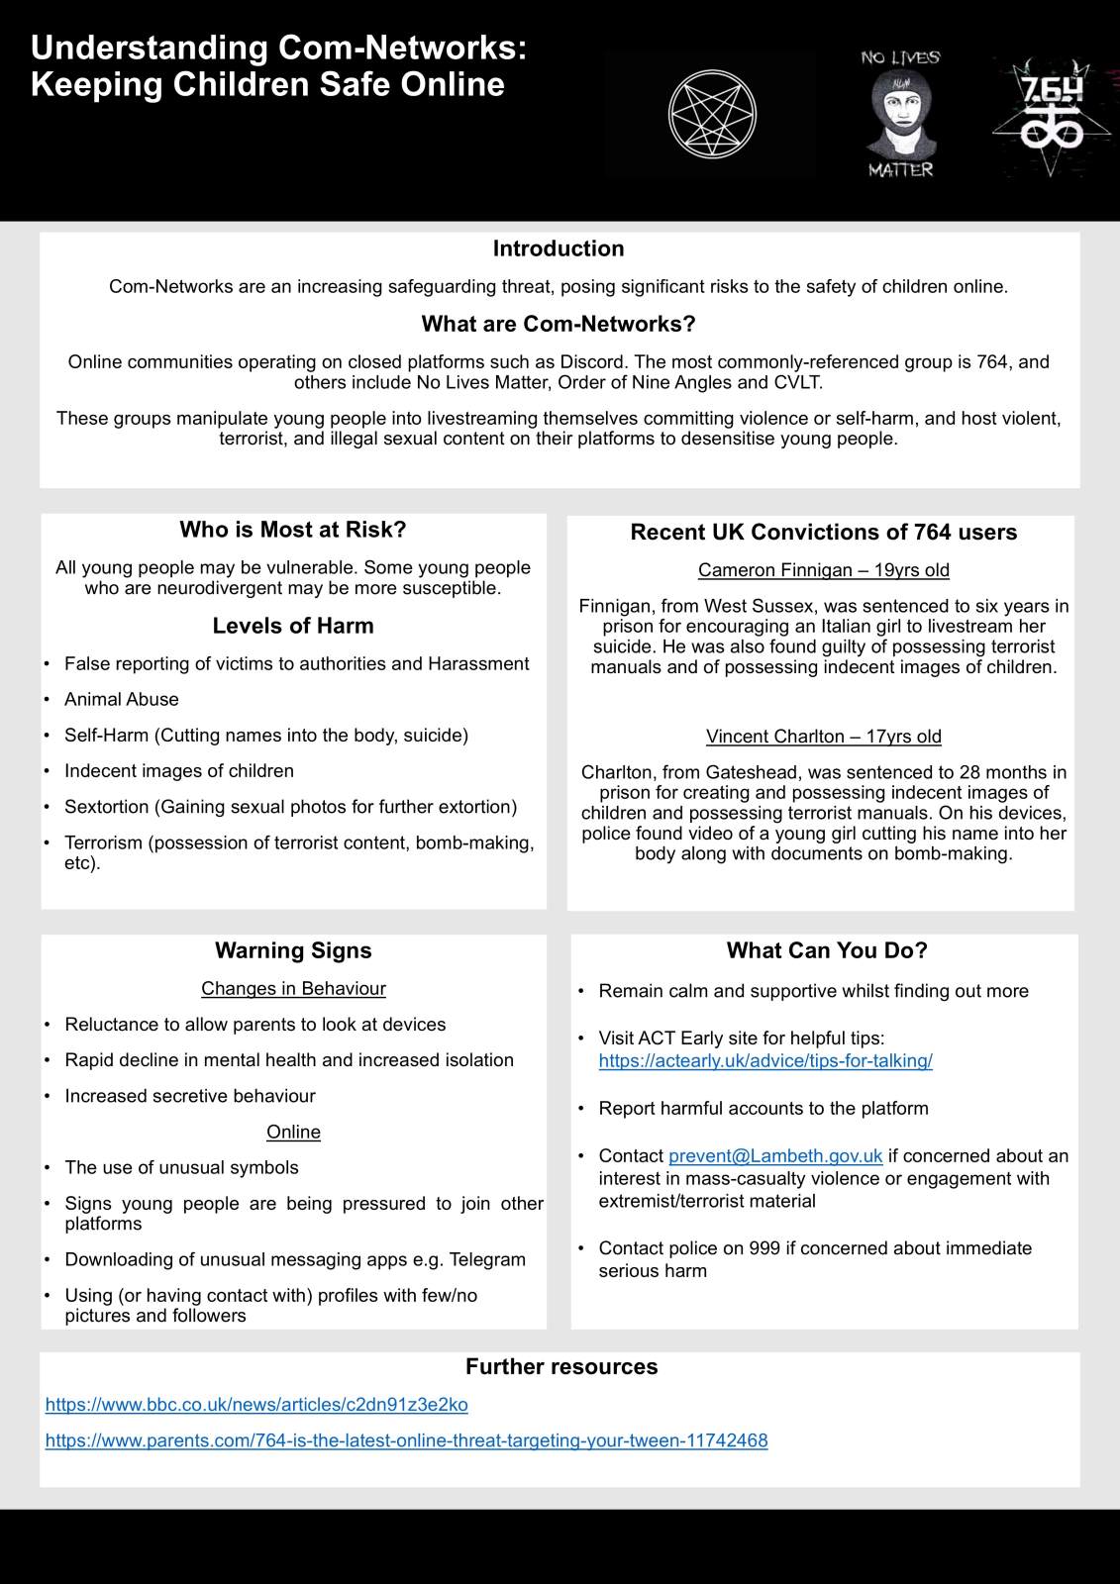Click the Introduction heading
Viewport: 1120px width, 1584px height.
coord(559,248)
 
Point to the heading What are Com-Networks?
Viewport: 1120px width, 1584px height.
coord(559,324)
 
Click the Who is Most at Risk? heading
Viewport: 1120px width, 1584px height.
coord(293,530)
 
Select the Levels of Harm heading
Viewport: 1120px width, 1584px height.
coord(293,626)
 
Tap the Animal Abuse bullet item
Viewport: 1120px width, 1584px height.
coord(122,699)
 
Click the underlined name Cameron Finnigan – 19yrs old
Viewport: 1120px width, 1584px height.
coord(823,570)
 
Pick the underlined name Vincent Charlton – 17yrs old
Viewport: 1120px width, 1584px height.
coord(823,737)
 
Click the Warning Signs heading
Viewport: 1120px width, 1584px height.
coord(293,950)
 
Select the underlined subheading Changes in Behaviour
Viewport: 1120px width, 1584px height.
coord(293,988)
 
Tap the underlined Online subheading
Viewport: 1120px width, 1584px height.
coord(293,1132)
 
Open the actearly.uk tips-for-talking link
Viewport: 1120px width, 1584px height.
coord(765,1060)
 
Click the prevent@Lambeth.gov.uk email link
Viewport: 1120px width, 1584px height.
coord(775,1155)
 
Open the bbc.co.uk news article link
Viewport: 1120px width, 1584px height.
coord(256,1404)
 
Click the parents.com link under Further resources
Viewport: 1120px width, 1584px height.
coord(406,1439)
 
